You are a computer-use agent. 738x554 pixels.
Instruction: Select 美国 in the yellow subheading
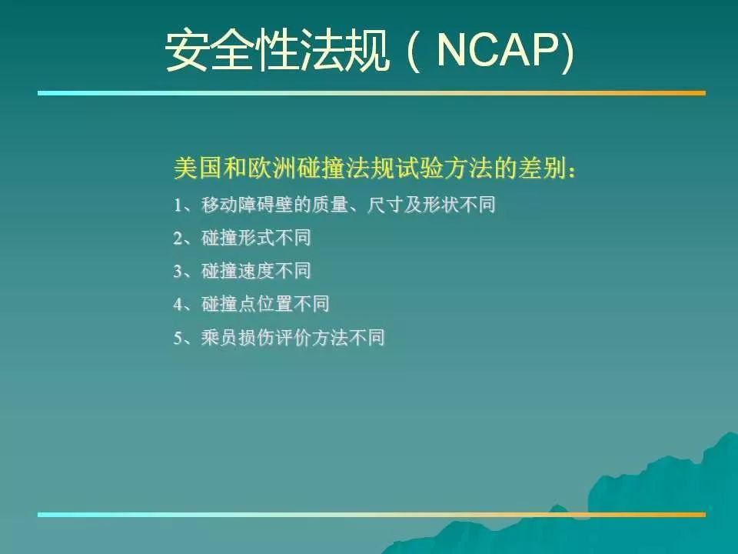(x=198, y=169)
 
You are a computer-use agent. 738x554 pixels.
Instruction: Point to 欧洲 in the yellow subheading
(x=271, y=169)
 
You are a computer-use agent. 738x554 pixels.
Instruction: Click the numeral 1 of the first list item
(x=178, y=205)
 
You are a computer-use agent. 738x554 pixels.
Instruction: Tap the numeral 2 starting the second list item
(x=178, y=239)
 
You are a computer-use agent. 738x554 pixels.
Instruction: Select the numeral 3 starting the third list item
(x=178, y=272)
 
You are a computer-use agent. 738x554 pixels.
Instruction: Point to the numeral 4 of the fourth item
(x=178, y=305)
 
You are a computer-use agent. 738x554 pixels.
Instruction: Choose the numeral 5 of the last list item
(x=178, y=338)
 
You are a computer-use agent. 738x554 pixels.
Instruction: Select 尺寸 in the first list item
(x=384, y=205)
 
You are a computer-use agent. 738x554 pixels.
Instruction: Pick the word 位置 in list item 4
(x=274, y=304)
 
